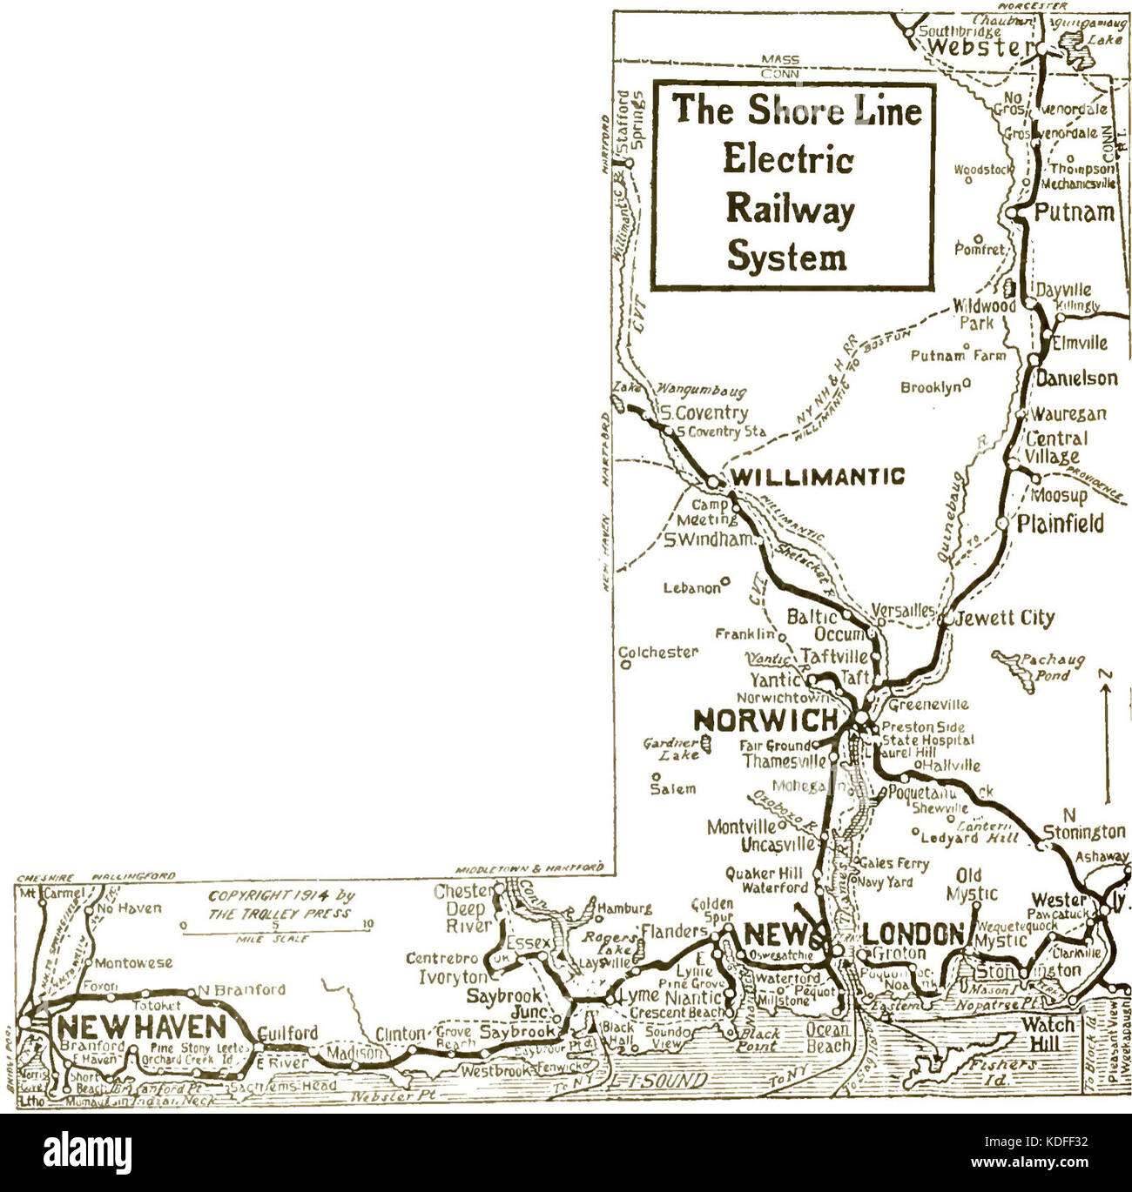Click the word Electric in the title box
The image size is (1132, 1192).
coord(789,161)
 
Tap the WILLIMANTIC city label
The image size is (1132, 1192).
coord(817,477)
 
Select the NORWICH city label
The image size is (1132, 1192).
coord(765,720)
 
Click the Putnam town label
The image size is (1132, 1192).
coord(1075,211)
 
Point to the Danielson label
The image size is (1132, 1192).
coord(1076,378)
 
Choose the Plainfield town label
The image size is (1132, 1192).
coord(1061,523)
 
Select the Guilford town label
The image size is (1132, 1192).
coord(288,1033)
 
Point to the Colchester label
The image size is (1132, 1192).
coord(658,652)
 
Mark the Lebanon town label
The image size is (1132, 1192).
coord(693,588)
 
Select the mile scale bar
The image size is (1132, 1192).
coord(275,934)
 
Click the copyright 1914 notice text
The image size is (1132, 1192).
coord(281,904)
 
